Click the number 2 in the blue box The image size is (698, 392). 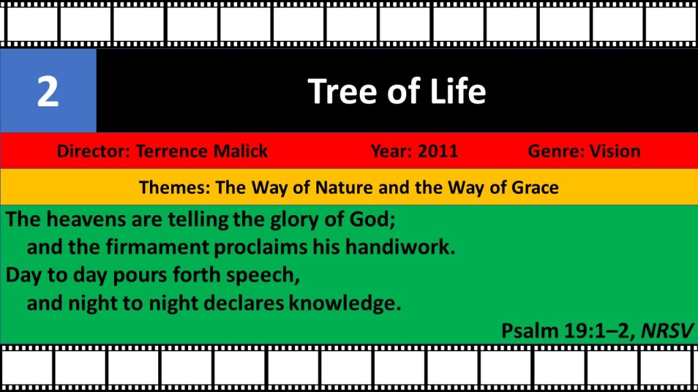pyautogui.click(x=48, y=92)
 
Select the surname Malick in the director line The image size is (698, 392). pyautogui.click(x=241, y=151)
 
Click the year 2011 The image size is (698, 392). pyautogui.click(x=438, y=151)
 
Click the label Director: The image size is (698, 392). pyautogui.click(x=93, y=151)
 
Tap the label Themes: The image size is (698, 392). pyautogui.click(x=174, y=188)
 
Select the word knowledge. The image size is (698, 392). pyautogui.click(x=345, y=304)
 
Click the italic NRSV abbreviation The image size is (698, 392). pyautogui.click(x=667, y=331)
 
